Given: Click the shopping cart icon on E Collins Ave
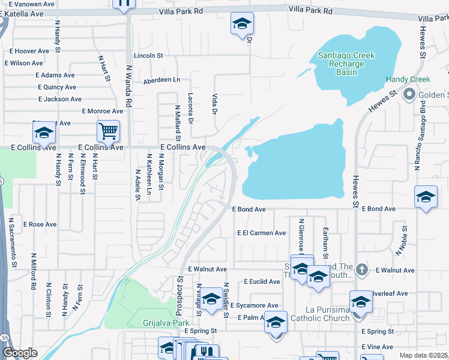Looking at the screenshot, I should [x=108, y=130].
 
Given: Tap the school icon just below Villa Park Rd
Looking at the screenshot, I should [x=242, y=23].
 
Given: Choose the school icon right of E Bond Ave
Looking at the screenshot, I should [x=425, y=197].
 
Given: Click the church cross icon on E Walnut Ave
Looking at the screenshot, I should [x=361, y=270].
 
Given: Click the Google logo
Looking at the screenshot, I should [x=19, y=353].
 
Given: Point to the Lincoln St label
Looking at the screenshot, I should [x=148, y=56].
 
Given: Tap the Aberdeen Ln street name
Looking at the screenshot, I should [x=161, y=80].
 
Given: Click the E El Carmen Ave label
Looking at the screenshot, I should [x=262, y=233].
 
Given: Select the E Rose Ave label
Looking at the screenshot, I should [x=40, y=224].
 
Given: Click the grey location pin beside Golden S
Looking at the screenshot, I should [x=409, y=95].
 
